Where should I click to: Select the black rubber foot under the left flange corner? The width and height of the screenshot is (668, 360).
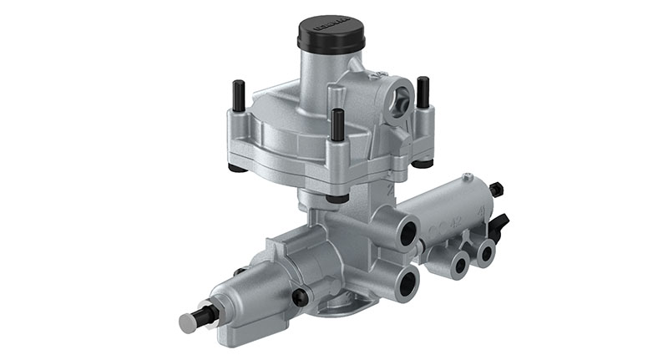point(238,167)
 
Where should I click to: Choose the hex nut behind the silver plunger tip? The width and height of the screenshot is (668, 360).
point(209,314)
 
